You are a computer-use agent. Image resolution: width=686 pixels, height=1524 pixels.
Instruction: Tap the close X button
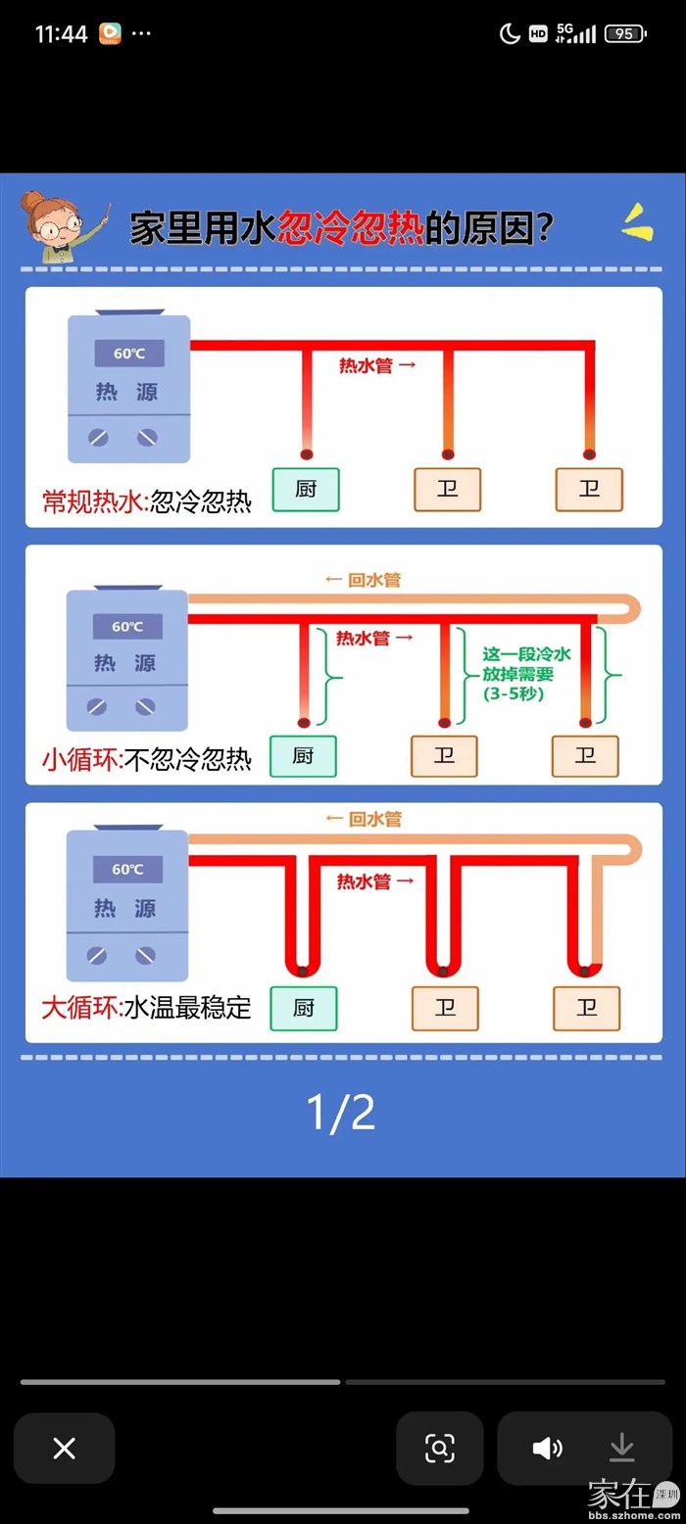[64, 1449]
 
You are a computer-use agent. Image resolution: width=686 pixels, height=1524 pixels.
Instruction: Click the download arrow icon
[622, 1448]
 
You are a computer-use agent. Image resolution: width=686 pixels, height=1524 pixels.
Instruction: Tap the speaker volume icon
[547, 1449]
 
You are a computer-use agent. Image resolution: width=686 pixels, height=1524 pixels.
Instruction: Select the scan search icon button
[440, 1449]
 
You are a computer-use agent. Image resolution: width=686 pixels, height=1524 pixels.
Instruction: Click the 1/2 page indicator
[341, 1113]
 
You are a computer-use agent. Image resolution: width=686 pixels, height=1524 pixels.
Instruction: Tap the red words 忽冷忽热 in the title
[351, 230]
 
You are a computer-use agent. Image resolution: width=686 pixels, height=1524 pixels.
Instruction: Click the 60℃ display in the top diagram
[128, 354]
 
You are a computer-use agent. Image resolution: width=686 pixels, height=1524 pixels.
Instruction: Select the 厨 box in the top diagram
[306, 490]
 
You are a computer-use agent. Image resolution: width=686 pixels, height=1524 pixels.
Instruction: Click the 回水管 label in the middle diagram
[363, 580]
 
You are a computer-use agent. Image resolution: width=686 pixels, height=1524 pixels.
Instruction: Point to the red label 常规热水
[92, 502]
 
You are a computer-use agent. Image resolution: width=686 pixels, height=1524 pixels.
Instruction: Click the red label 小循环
[80, 759]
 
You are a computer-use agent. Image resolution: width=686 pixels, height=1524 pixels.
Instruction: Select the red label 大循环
[79, 1007]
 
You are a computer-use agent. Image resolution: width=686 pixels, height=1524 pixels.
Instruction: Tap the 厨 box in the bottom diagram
[304, 1008]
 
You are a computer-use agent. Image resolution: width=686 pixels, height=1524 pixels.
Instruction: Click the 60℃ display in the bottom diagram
[127, 869]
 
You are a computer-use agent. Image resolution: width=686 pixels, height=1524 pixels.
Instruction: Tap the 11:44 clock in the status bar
[61, 34]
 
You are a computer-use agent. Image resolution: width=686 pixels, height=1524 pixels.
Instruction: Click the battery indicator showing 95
[625, 33]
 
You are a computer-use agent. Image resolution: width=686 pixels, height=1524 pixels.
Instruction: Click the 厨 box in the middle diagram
[303, 756]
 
